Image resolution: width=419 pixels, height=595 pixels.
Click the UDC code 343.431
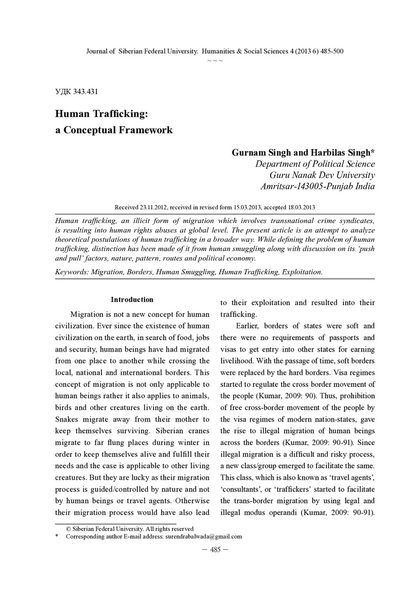(77, 91)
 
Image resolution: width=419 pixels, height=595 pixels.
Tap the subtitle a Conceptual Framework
(114, 131)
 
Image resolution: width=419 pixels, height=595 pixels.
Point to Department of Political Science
(314, 164)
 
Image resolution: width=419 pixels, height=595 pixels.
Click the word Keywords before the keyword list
(73, 272)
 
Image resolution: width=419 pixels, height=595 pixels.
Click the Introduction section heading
(132, 300)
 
